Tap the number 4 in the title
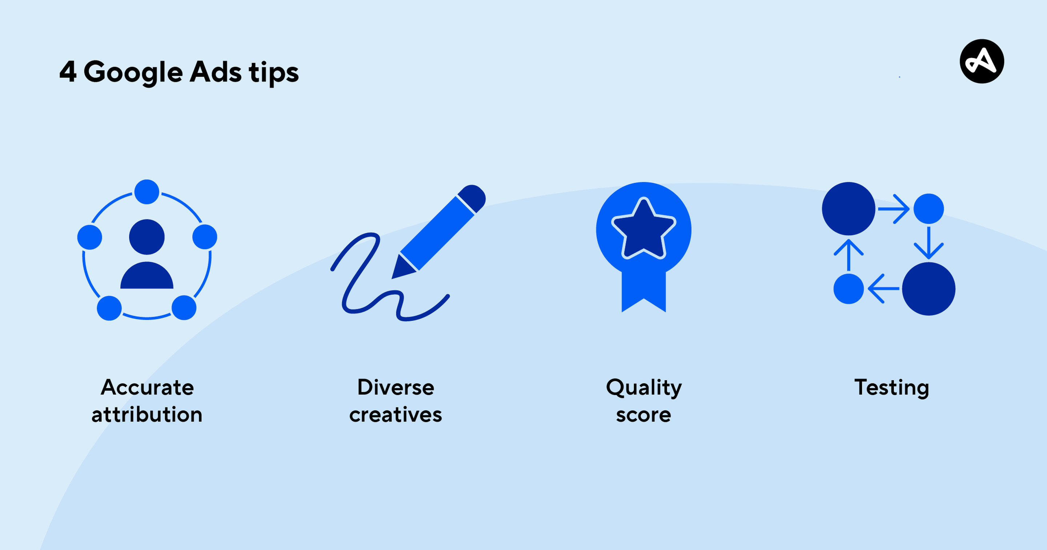(x=68, y=72)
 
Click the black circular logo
(x=982, y=61)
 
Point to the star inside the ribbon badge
(x=644, y=229)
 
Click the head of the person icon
(x=147, y=237)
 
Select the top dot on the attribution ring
(x=147, y=192)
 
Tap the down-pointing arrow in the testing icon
(x=929, y=243)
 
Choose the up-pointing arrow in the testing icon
(x=849, y=255)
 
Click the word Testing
(x=892, y=388)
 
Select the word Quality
(x=644, y=388)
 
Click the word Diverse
(x=396, y=387)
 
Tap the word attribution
(x=147, y=415)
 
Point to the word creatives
(x=396, y=415)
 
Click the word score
(x=643, y=415)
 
